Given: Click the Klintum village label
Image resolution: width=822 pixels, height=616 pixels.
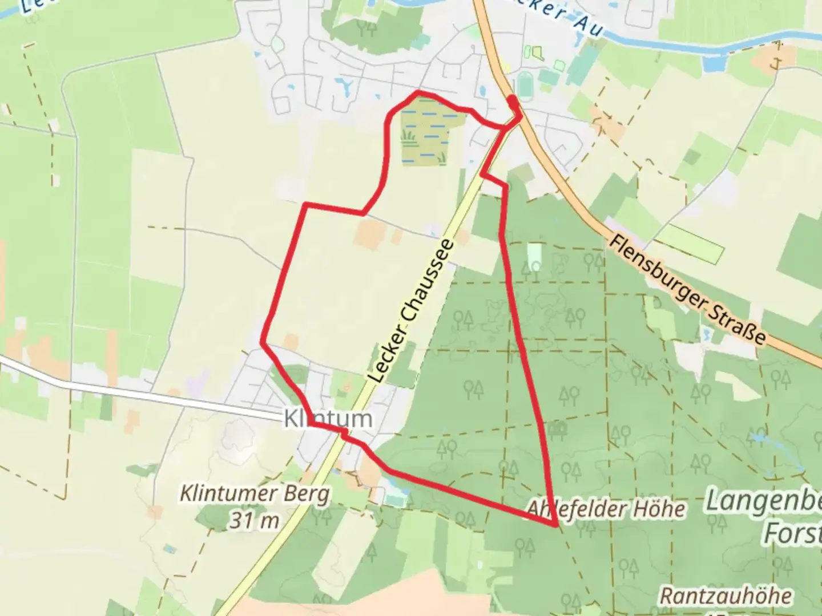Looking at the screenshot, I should [x=328, y=419].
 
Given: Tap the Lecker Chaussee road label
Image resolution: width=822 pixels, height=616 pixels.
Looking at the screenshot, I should [x=411, y=311].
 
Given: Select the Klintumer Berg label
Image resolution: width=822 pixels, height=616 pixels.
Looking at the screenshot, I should [x=255, y=493].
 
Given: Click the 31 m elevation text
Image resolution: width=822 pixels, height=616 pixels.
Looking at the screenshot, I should [x=255, y=520].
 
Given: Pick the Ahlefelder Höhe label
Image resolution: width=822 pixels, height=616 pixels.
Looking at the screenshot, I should [x=606, y=508].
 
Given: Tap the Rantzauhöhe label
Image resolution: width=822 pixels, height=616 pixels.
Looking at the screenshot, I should [x=726, y=596].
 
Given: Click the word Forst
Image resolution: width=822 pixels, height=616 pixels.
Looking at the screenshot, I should [x=793, y=534].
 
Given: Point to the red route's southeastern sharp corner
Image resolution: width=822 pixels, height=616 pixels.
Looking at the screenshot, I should [x=555, y=525].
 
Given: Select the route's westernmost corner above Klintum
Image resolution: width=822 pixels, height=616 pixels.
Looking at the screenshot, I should [x=263, y=342].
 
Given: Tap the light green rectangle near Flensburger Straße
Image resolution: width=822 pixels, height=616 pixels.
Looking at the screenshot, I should [x=691, y=245].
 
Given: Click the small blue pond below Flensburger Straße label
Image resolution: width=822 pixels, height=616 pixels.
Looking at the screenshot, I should [x=708, y=335].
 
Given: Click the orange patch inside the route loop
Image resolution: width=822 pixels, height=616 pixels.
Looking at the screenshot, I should [x=368, y=234].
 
